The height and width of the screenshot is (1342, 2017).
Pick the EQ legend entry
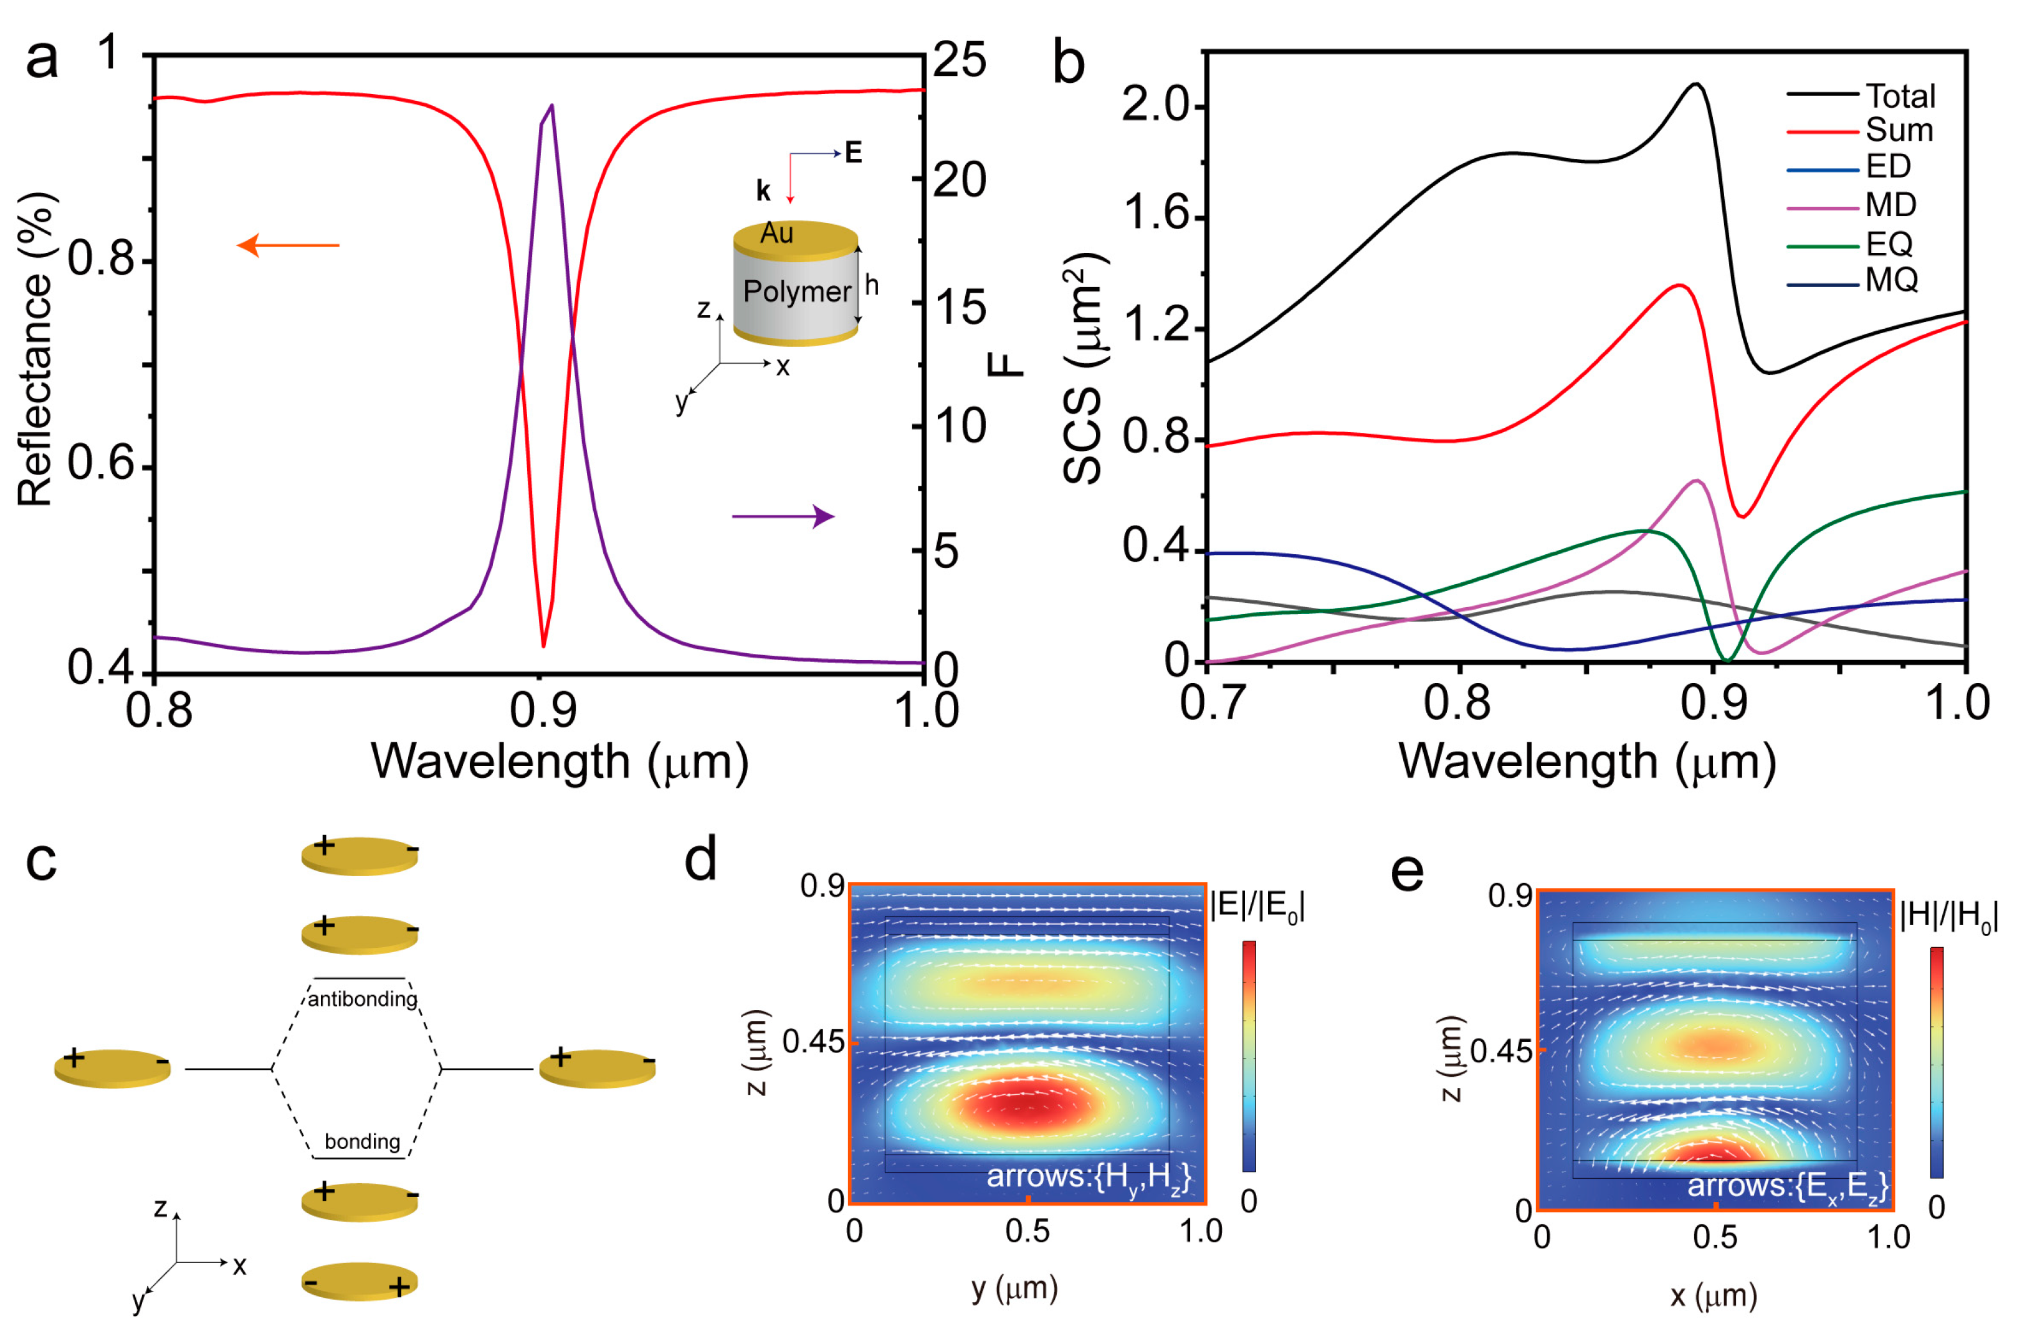coord(1889,245)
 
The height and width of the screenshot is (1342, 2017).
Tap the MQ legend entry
coord(1891,280)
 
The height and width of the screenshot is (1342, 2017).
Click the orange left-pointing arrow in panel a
coord(288,245)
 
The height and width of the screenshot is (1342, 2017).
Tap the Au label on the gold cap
coord(776,233)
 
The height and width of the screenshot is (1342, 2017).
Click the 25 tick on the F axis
coord(959,60)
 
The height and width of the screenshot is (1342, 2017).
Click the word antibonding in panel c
coord(362,999)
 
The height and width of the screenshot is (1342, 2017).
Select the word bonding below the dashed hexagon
coord(362,1141)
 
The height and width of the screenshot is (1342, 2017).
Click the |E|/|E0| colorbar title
coord(1256,905)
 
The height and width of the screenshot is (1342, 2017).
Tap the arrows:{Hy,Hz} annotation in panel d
coord(1088,1177)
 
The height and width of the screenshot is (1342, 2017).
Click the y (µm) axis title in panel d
coord(1014,1287)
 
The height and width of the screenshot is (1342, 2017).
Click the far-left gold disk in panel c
coord(112,1068)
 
